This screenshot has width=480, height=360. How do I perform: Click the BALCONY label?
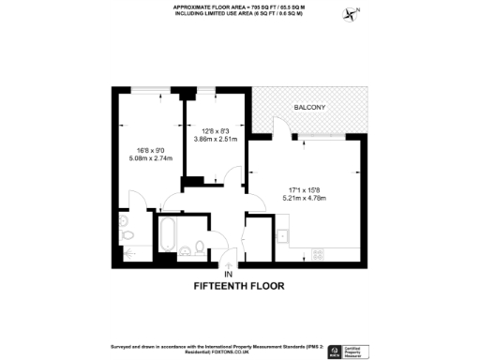310,108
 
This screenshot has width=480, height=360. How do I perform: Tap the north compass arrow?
352,14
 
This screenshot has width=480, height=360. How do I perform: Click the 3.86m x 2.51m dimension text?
216,139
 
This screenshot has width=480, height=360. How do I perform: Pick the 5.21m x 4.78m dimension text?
308,198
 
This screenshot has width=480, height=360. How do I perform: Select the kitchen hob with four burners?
317,253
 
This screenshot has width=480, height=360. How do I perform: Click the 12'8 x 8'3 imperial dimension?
216,130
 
